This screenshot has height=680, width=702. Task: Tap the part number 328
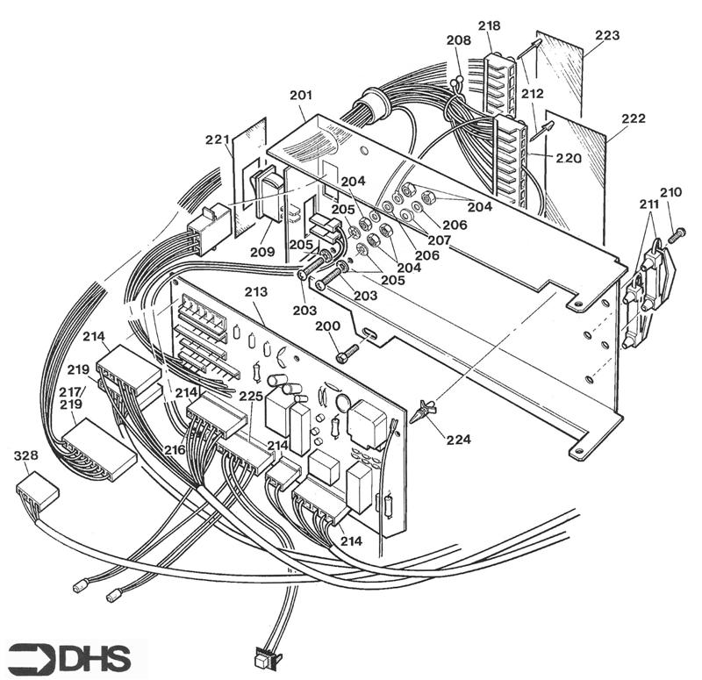click(x=26, y=457)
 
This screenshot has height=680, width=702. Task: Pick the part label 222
click(x=633, y=118)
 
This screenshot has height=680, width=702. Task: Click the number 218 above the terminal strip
click(x=489, y=26)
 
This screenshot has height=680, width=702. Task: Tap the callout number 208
click(x=458, y=40)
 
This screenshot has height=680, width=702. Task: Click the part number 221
click(x=217, y=140)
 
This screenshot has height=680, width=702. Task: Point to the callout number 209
click(x=261, y=250)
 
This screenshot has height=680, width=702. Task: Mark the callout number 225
click(x=251, y=397)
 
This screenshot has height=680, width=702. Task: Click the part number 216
click(x=173, y=448)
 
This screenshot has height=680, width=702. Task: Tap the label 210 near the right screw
click(x=670, y=191)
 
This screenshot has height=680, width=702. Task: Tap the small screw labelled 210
click(x=676, y=235)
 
